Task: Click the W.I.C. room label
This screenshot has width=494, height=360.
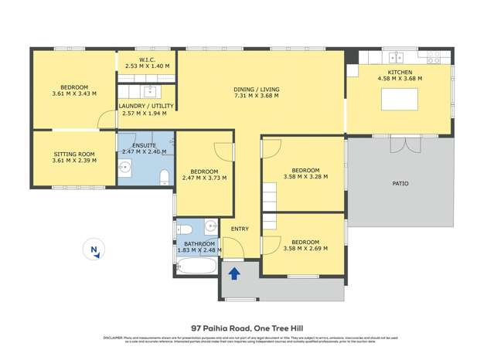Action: (x=146, y=59)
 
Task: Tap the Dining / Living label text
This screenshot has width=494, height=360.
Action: (x=257, y=90)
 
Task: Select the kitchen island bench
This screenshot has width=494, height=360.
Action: (x=399, y=99)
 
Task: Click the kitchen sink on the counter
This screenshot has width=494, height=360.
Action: (x=397, y=57)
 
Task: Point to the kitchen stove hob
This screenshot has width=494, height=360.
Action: (x=434, y=57)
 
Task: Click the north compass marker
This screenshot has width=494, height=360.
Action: (x=94, y=249)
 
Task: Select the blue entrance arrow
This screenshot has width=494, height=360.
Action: (x=233, y=272)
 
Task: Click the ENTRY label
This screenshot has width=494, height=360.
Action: (x=240, y=229)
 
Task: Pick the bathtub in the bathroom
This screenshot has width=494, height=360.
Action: (x=197, y=267)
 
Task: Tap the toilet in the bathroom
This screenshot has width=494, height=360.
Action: (x=184, y=229)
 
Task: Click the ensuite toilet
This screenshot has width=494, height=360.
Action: (x=163, y=178)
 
